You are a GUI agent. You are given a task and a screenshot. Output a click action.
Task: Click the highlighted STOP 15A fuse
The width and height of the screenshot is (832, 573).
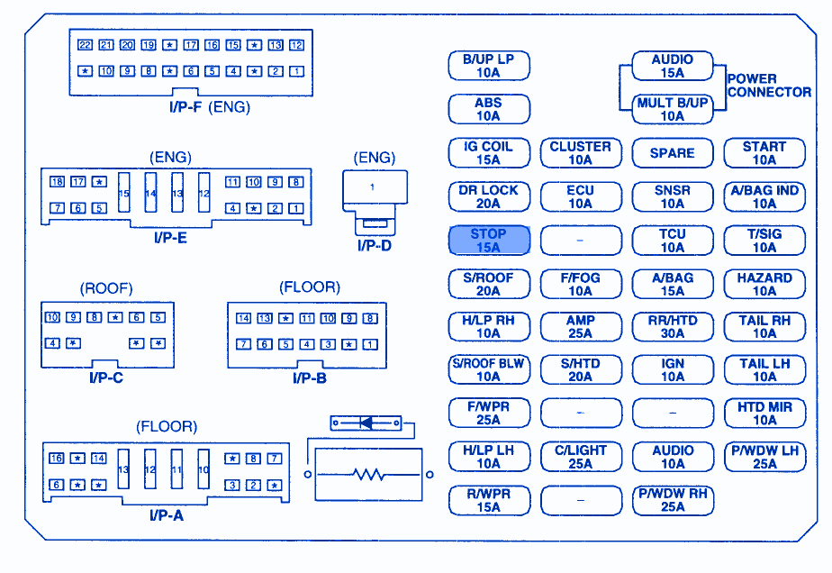coord(488,241)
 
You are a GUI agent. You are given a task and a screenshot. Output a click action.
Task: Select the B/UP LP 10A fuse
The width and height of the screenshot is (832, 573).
coord(488,66)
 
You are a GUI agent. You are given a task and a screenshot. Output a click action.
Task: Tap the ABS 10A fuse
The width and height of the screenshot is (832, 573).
coord(488,109)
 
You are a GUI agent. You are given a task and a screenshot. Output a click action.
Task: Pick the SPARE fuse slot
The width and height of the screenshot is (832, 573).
coord(672,153)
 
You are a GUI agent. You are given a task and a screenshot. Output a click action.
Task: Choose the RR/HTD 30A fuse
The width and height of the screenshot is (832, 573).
coord(672,327)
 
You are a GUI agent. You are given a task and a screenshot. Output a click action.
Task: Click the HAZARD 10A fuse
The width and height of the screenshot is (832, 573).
coord(764,285)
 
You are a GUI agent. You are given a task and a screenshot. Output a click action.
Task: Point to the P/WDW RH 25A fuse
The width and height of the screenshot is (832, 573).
coord(672,500)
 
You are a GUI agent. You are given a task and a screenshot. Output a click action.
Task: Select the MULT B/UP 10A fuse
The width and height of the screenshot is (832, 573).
coord(672,109)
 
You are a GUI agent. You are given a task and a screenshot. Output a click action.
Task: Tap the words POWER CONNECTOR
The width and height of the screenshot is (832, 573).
coord(769,86)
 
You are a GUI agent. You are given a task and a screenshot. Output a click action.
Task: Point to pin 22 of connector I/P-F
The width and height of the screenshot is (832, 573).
coord(85,45)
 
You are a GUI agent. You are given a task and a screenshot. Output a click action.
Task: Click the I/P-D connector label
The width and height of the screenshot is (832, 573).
coord(374,244)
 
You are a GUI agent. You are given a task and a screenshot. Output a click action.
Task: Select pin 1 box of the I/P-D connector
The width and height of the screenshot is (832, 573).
coord(374,187)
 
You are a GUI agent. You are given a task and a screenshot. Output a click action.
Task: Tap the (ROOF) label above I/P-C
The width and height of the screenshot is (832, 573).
coord(106,288)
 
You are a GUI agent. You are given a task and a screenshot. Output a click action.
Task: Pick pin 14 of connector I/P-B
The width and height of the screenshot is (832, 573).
coord(243,318)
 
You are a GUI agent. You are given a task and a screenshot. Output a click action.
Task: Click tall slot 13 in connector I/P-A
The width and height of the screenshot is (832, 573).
coord(124,470)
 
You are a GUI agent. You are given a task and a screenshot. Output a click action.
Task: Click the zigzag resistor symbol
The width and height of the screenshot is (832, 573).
coord(368,474)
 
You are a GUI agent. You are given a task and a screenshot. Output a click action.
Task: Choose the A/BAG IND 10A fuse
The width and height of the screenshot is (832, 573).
coord(764,196)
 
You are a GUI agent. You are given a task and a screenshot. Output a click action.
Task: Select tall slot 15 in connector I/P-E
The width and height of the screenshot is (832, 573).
coord(124,193)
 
